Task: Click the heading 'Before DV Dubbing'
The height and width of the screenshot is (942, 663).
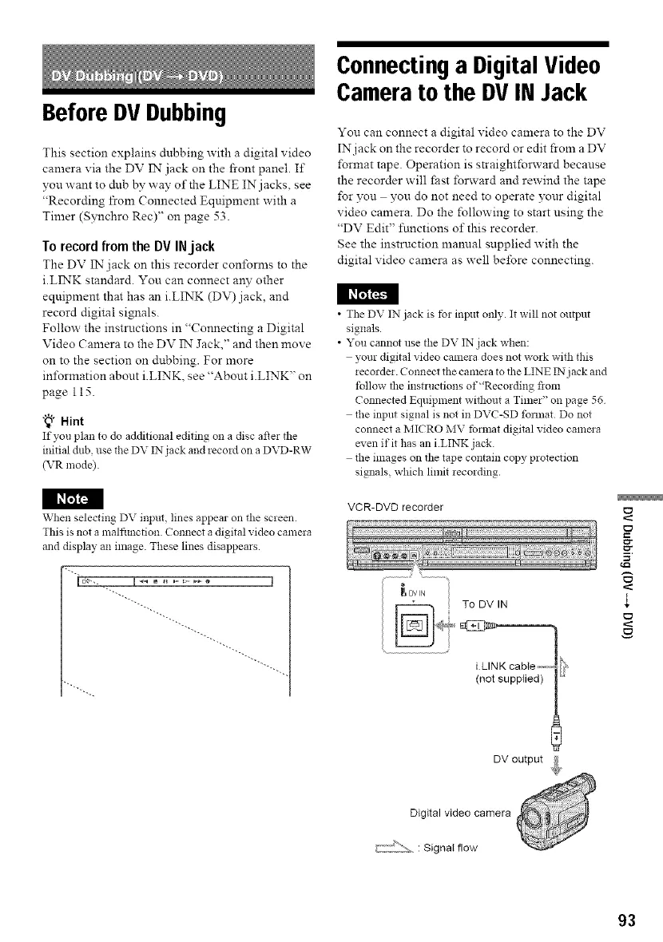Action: click(115, 114)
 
